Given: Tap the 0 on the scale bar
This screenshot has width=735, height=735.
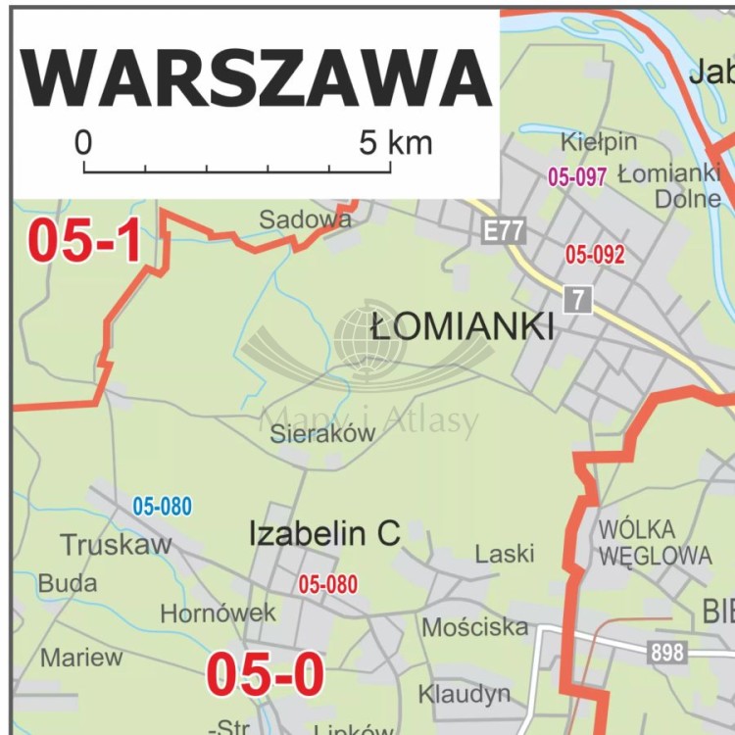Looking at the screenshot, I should pyautogui.click(x=83, y=143).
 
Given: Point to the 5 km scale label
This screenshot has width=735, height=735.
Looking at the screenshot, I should pyautogui.click(x=395, y=143).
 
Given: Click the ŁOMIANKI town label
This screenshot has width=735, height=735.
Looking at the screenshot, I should pyautogui.click(x=463, y=326).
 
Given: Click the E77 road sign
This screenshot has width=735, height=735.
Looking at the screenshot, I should pyautogui.click(x=505, y=232).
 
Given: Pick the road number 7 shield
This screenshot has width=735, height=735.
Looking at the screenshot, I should pyautogui.click(x=578, y=300).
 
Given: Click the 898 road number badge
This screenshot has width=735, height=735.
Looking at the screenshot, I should pyautogui.click(x=667, y=651).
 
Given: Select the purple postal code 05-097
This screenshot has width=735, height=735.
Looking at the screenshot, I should pyautogui.click(x=577, y=176).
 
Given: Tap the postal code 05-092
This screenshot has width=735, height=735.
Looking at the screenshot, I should pyautogui.click(x=595, y=255).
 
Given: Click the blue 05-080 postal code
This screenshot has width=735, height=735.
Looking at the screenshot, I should pyautogui.click(x=163, y=507).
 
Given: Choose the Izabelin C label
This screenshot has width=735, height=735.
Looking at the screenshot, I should pyautogui.click(x=324, y=534).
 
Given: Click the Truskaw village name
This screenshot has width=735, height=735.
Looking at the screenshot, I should pyautogui.click(x=116, y=545).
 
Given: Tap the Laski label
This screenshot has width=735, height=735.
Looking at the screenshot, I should pyautogui.click(x=505, y=554).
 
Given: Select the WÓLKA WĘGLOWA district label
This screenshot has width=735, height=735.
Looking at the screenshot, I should pyautogui.click(x=655, y=543).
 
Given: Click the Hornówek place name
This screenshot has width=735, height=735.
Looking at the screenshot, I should pyautogui.click(x=219, y=613).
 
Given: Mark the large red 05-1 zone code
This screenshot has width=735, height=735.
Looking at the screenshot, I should pyautogui.click(x=84, y=241).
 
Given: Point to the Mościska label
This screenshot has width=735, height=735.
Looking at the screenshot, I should pyautogui.click(x=475, y=626).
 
